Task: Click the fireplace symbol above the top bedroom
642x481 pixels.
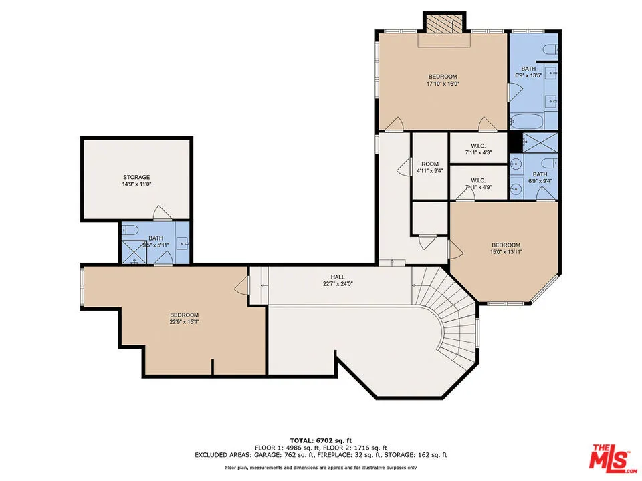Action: click(443, 23)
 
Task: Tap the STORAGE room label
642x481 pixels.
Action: click(136, 177)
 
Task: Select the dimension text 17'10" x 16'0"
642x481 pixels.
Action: click(443, 84)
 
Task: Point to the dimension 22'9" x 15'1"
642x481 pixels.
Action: click(184, 322)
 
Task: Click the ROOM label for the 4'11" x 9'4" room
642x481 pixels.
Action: click(429, 164)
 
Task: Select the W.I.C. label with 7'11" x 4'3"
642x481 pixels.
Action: click(478, 146)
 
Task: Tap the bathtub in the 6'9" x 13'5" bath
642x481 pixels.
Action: click(525, 122)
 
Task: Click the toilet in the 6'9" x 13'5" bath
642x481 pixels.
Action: click(550, 49)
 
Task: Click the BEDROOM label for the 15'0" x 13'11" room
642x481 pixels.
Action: click(506, 245)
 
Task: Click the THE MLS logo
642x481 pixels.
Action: click(609, 456)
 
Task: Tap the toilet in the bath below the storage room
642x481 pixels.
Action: click(131, 230)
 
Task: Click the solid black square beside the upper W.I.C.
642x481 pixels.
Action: click(514, 142)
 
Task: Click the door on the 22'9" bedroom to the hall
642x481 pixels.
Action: click(241, 289)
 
